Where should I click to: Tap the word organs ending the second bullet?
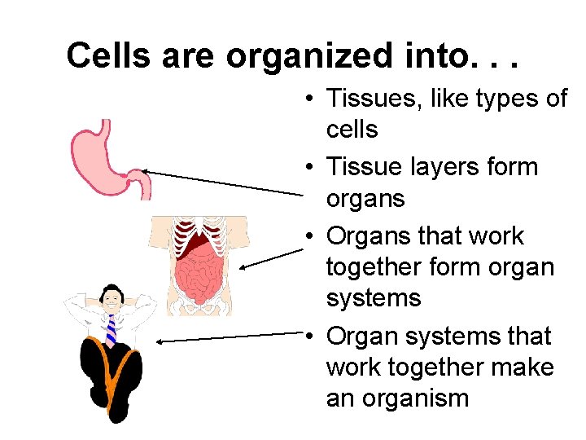tap(365, 198)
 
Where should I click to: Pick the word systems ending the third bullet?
tap(374, 297)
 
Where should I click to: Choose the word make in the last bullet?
tap(525, 367)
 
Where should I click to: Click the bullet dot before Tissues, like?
tap(312, 99)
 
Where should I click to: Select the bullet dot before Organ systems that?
tap(312, 337)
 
